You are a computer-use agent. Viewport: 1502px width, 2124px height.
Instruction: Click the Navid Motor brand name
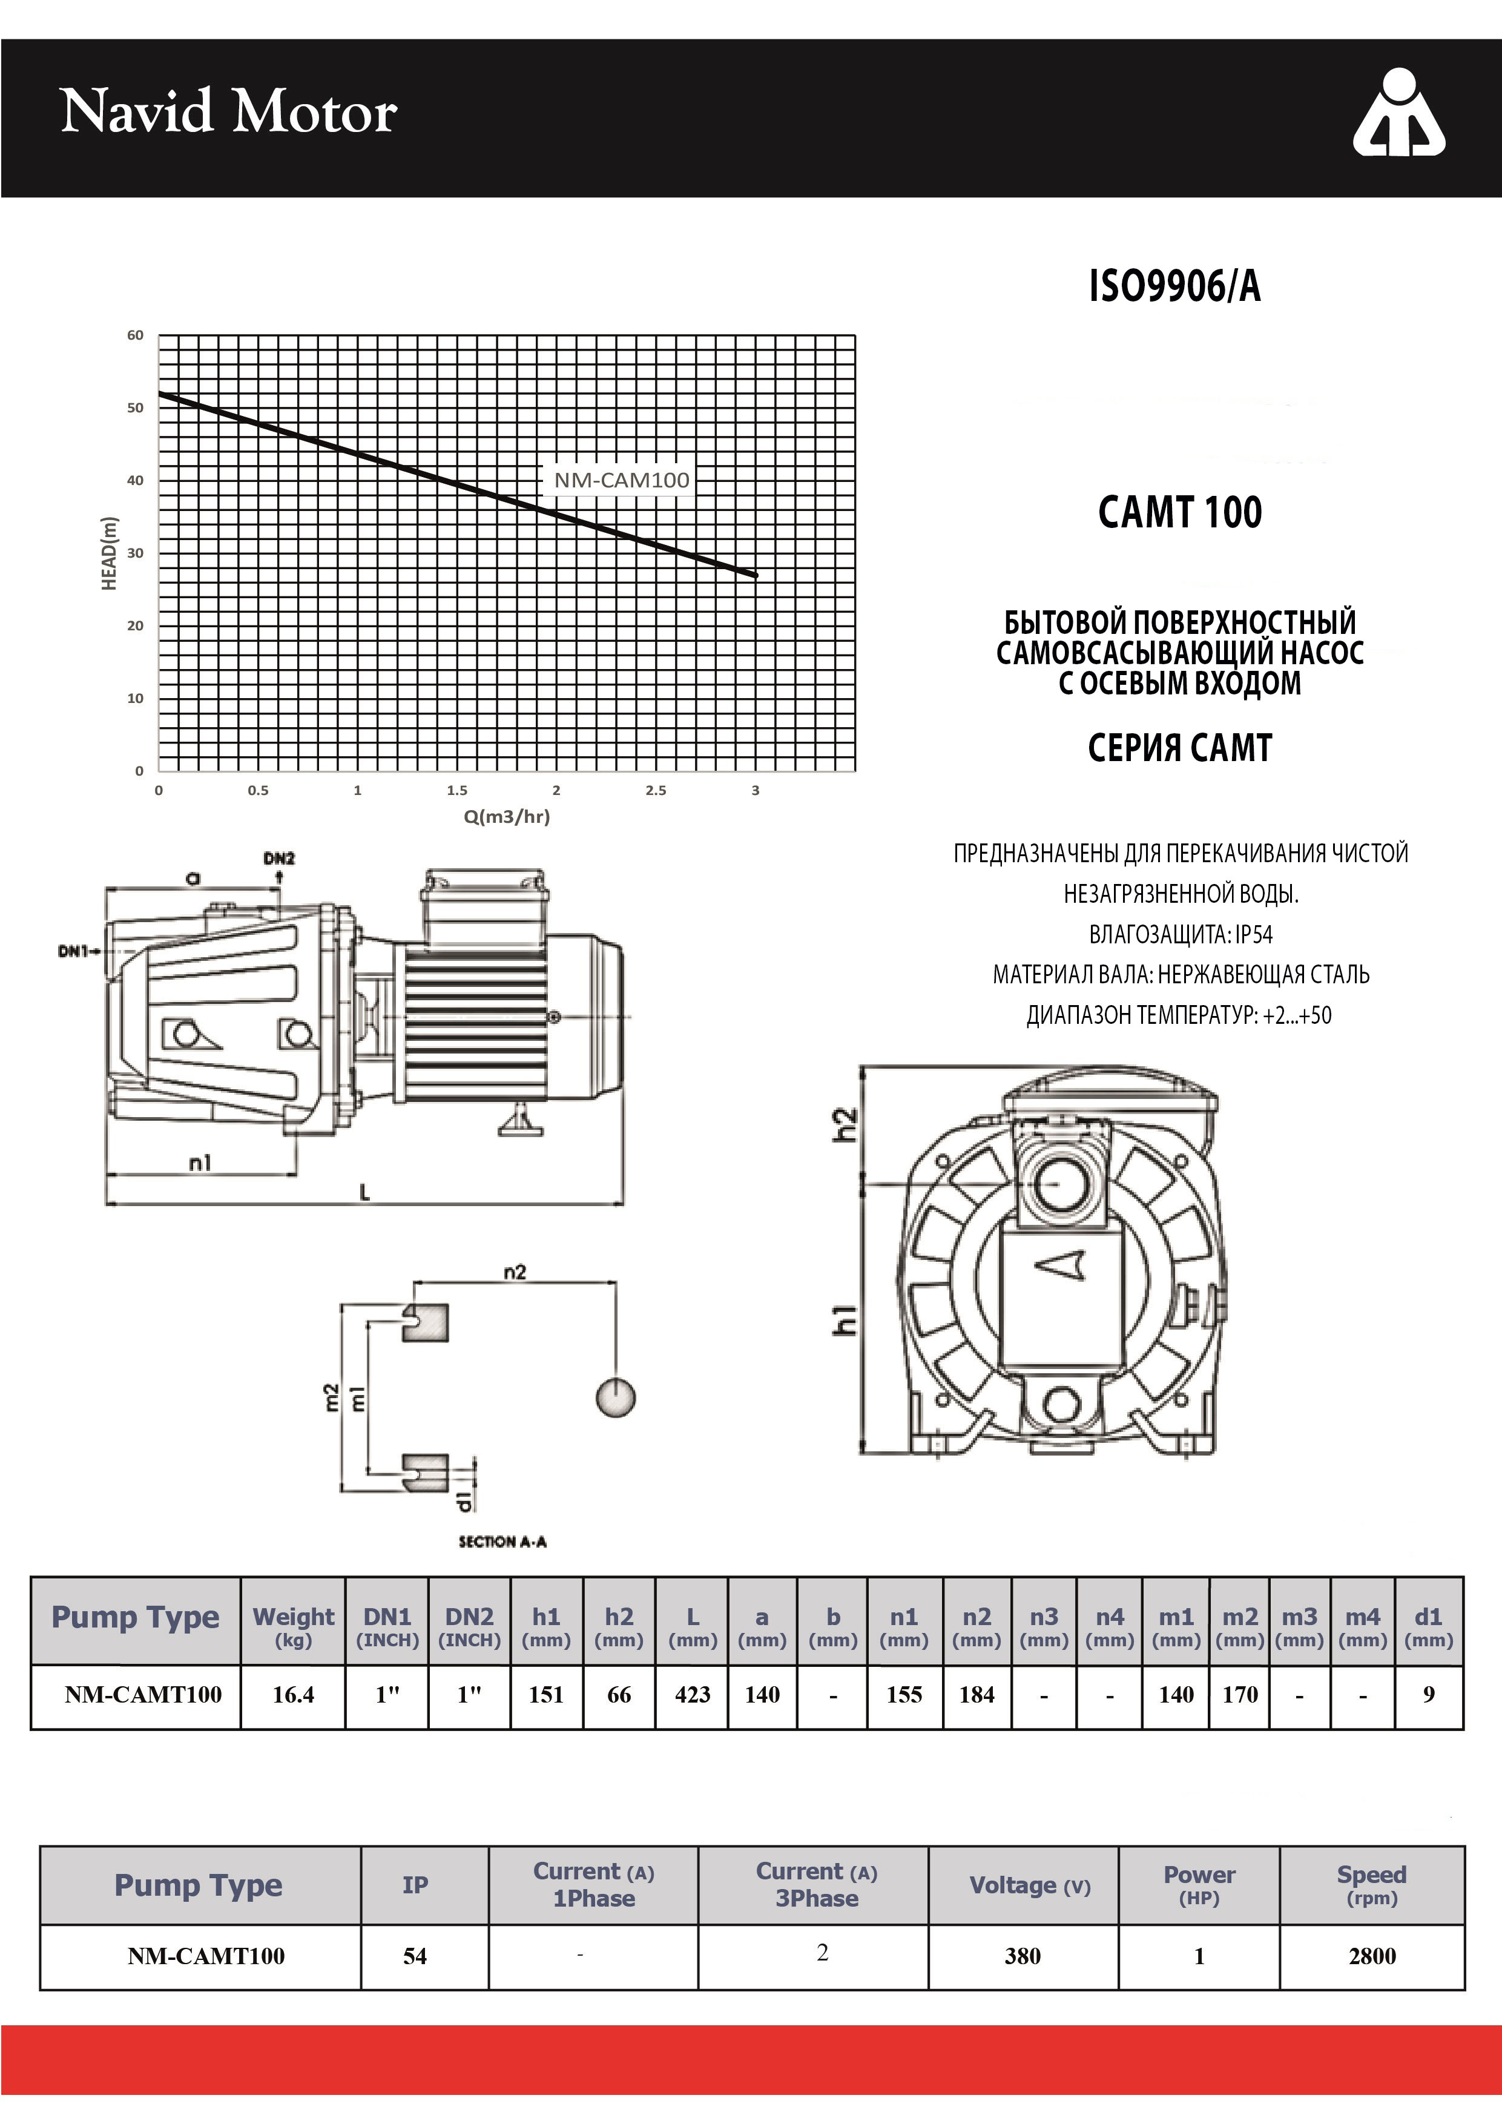click(x=228, y=112)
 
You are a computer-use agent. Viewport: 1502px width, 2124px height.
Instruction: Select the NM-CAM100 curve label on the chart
click(x=622, y=480)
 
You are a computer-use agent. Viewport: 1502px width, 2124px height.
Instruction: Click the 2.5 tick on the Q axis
click(x=656, y=791)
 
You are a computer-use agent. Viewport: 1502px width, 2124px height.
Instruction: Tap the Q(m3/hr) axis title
click(x=507, y=817)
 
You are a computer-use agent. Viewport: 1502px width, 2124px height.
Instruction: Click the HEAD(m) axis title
click(x=109, y=553)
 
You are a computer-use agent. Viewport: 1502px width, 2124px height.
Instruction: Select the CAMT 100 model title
click(x=1179, y=512)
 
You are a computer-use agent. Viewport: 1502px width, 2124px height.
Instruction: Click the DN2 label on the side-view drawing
click(x=278, y=859)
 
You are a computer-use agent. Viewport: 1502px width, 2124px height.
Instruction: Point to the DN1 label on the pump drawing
click(x=74, y=951)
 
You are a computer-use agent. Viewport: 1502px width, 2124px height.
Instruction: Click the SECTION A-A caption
click(x=502, y=1541)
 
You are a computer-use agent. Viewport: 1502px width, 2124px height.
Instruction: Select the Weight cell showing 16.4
click(x=293, y=1695)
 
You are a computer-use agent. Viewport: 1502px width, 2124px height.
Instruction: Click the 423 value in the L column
click(x=693, y=1695)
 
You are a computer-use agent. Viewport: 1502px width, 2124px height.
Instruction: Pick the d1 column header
click(x=1428, y=1626)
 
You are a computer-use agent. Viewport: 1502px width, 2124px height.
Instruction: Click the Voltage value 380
click(x=1023, y=1956)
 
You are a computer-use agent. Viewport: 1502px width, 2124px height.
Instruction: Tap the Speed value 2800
click(x=1372, y=1956)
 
